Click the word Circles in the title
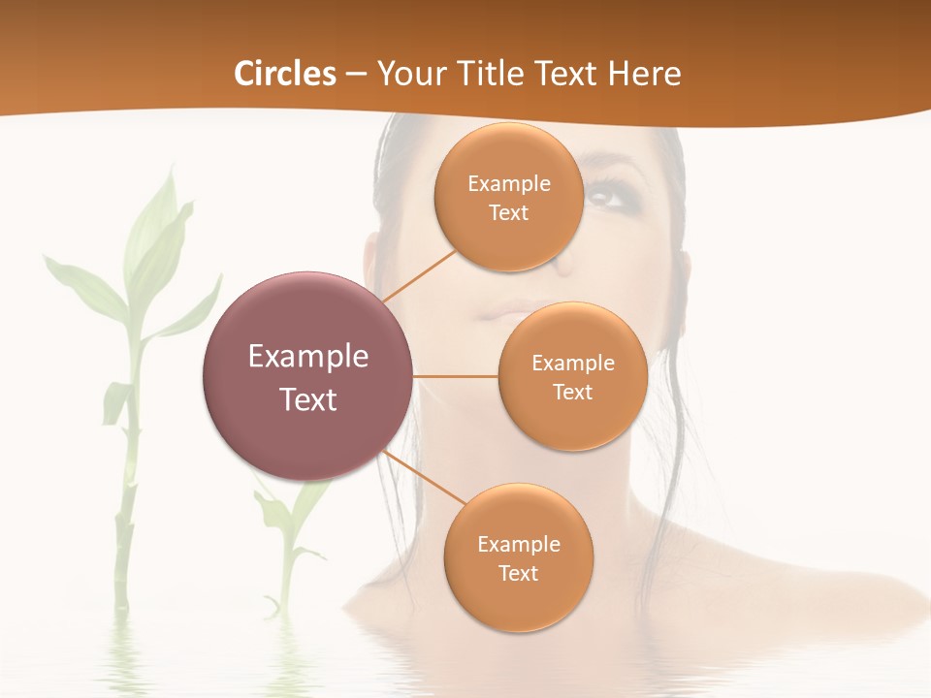[x=284, y=74]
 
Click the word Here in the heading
[x=644, y=74]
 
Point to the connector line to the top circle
[x=419, y=275]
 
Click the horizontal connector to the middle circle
[x=455, y=376]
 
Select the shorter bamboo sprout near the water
[x=287, y=543]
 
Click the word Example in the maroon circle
[x=308, y=357]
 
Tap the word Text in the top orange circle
[x=508, y=213]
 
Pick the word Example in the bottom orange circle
[x=518, y=545]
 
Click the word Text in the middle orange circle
[x=572, y=393]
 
